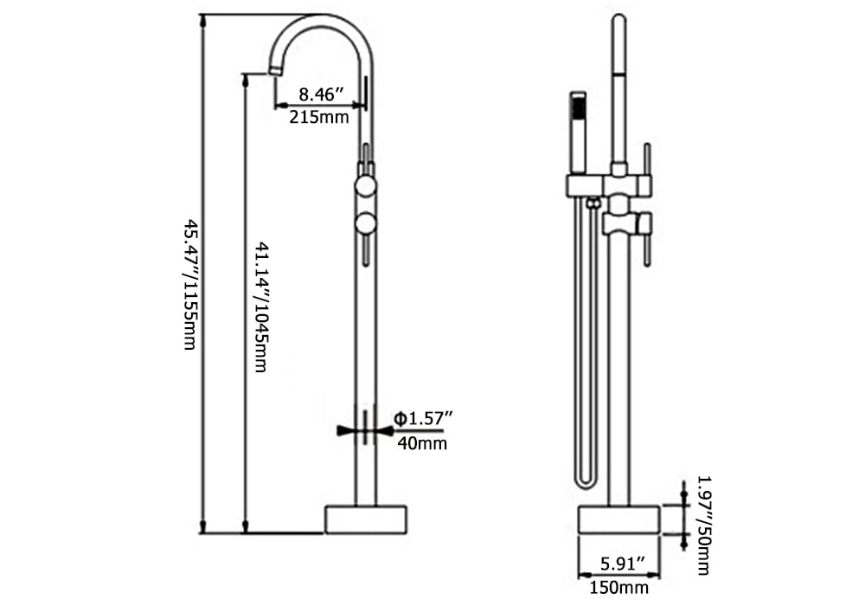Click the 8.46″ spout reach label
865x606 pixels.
[x=322, y=94]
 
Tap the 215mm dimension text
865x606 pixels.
[x=319, y=117]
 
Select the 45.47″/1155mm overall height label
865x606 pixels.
[x=190, y=285]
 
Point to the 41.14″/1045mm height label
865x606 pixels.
[x=261, y=306]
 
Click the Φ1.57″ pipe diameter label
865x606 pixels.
[x=422, y=419]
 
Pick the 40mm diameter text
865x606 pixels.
[x=422, y=442]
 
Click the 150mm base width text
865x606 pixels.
[x=619, y=587]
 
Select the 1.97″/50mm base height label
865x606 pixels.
[x=703, y=525]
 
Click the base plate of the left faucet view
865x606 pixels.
[x=366, y=520]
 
